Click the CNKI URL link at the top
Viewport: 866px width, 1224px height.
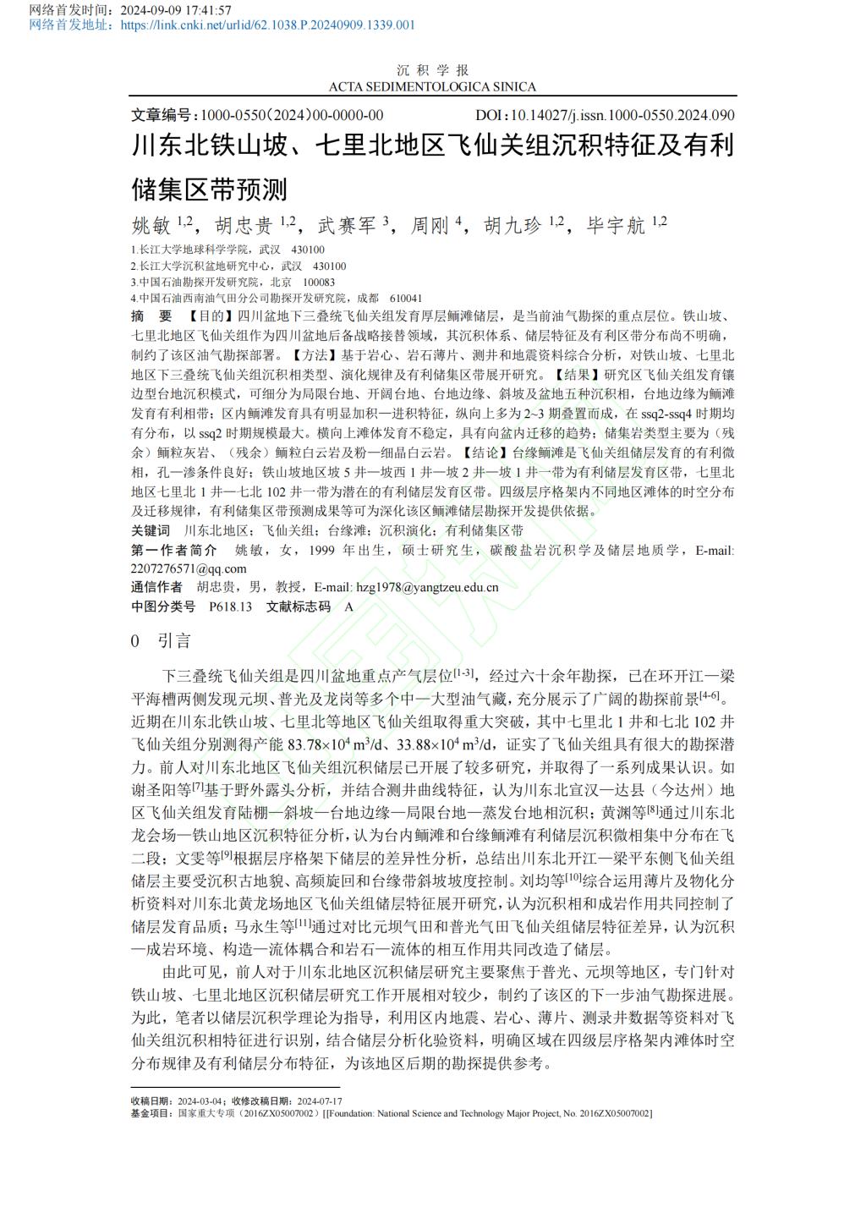click(x=267, y=25)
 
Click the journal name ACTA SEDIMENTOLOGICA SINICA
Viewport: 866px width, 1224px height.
click(x=432, y=86)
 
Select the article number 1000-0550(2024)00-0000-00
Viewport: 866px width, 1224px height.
click(x=292, y=115)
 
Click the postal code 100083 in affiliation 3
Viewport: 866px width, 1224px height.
click(x=319, y=283)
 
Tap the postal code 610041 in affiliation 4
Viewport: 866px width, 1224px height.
click(x=406, y=299)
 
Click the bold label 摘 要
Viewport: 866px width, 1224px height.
click(x=151, y=316)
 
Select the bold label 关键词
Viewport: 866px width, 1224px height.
click(x=151, y=530)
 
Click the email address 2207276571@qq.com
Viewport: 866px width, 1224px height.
click(x=189, y=568)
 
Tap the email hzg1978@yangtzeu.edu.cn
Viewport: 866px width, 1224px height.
click(x=427, y=587)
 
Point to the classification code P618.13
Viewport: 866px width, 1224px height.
click(x=231, y=607)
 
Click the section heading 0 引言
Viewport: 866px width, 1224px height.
click(x=162, y=641)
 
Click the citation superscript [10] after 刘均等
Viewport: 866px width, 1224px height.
click(x=573, y=877)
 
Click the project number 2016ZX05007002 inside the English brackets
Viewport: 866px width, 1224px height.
click(x=615, y=1113)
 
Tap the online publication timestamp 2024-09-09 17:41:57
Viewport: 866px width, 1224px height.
click(x=176, y=10)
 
